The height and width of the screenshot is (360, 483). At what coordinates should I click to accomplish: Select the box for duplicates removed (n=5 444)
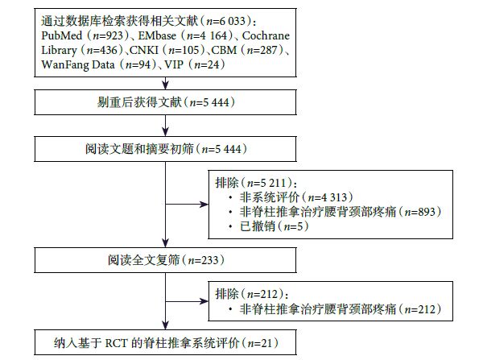165,102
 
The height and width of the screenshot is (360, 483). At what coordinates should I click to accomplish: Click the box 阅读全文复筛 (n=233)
165,260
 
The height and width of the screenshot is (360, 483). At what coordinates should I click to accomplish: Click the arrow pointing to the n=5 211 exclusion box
198,202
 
